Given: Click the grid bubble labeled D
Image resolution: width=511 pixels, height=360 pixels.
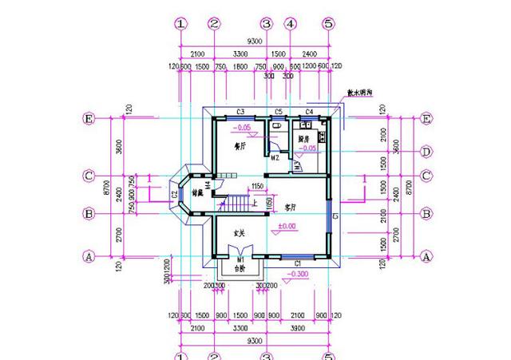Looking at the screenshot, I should click(426, 151).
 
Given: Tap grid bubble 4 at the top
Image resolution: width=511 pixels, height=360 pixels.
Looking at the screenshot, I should click(291, 24).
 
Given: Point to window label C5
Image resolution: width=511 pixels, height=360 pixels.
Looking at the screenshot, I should click(279, 111).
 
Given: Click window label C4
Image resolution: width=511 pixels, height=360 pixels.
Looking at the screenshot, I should click(311, 111).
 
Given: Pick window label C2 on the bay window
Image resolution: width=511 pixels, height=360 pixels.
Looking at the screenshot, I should click(174, 194).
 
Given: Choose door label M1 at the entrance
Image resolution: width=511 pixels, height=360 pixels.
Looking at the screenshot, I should click(240, 259).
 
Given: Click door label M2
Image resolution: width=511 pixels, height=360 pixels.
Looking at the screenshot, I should click(275, 157).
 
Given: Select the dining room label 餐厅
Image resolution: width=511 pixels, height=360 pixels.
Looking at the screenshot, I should click(238, 147).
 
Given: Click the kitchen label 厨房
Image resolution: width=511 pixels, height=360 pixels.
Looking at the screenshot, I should click(303, 139).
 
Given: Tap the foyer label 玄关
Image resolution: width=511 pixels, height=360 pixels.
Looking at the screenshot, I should click(238, 233).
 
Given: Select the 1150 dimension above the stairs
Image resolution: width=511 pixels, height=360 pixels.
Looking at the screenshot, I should click(257, 186).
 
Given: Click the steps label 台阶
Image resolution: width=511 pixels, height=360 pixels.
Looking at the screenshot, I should click(239, 269).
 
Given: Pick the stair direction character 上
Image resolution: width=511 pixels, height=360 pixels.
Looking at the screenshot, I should click(255, 204).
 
